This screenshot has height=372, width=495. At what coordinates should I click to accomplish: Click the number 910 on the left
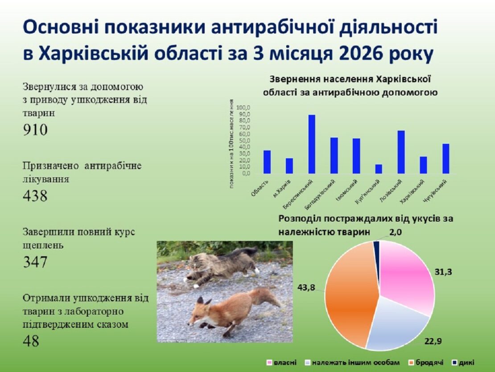pos(35,130)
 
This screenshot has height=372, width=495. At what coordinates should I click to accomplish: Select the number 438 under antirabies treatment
pos(35,196)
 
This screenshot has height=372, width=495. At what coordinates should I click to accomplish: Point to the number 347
pos(35,262)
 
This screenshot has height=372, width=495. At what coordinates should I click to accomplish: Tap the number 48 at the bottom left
pos(31,341)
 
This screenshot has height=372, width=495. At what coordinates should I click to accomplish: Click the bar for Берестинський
pos(312,144)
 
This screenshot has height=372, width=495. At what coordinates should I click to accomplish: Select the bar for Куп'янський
pos(379,168)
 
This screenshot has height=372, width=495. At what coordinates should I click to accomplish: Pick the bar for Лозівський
pos(401,152)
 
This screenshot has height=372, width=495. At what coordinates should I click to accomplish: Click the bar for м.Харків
pos(289,165)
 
